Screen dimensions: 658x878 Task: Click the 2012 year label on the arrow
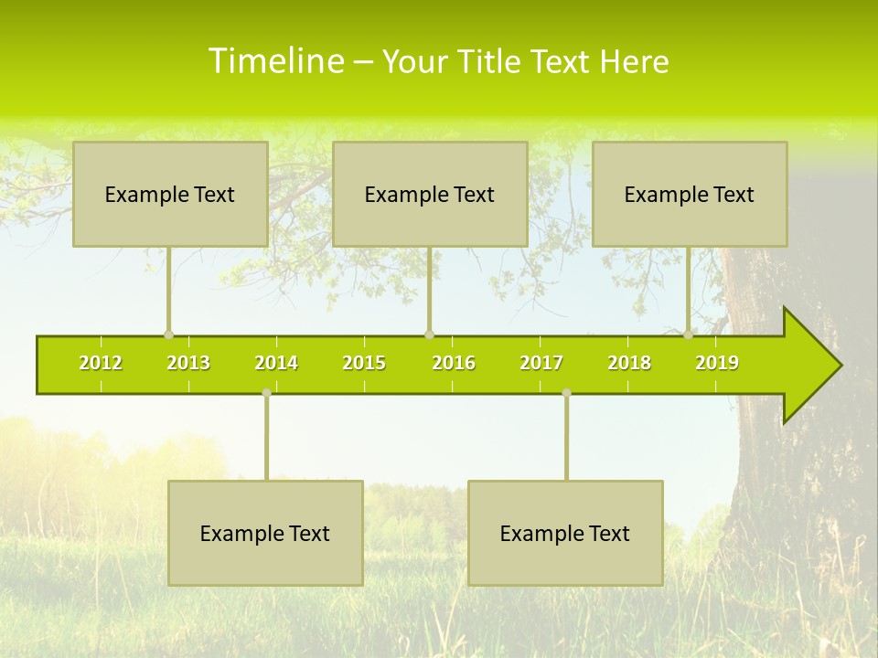pos(101,363)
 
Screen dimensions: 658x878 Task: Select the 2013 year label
pos(188,363)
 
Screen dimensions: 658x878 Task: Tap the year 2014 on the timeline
pos(276,363)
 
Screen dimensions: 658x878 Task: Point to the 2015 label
pos(364,363)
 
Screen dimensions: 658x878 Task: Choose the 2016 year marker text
pos(454,363)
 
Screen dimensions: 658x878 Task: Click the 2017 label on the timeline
pos(541,363)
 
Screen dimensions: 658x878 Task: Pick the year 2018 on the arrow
pos(629,363)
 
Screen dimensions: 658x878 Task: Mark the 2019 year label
pos(717,363)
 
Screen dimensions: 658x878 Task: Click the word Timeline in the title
pos(275,61)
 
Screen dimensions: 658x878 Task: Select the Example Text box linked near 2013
pos(170,194)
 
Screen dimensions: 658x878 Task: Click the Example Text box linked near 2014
pos(265,533)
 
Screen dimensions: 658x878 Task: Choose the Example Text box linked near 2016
pos(430,194)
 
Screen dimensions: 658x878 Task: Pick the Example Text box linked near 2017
pos(565,533)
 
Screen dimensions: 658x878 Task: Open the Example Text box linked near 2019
pos(690,194)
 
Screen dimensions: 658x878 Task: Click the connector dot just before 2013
pos(168,334)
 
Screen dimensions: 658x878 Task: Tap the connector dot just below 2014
pos(266,393)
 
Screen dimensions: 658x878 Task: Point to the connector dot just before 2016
pos(429,334)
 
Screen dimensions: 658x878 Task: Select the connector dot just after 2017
pos(566,393)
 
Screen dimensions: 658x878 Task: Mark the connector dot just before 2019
pos(689,334)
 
